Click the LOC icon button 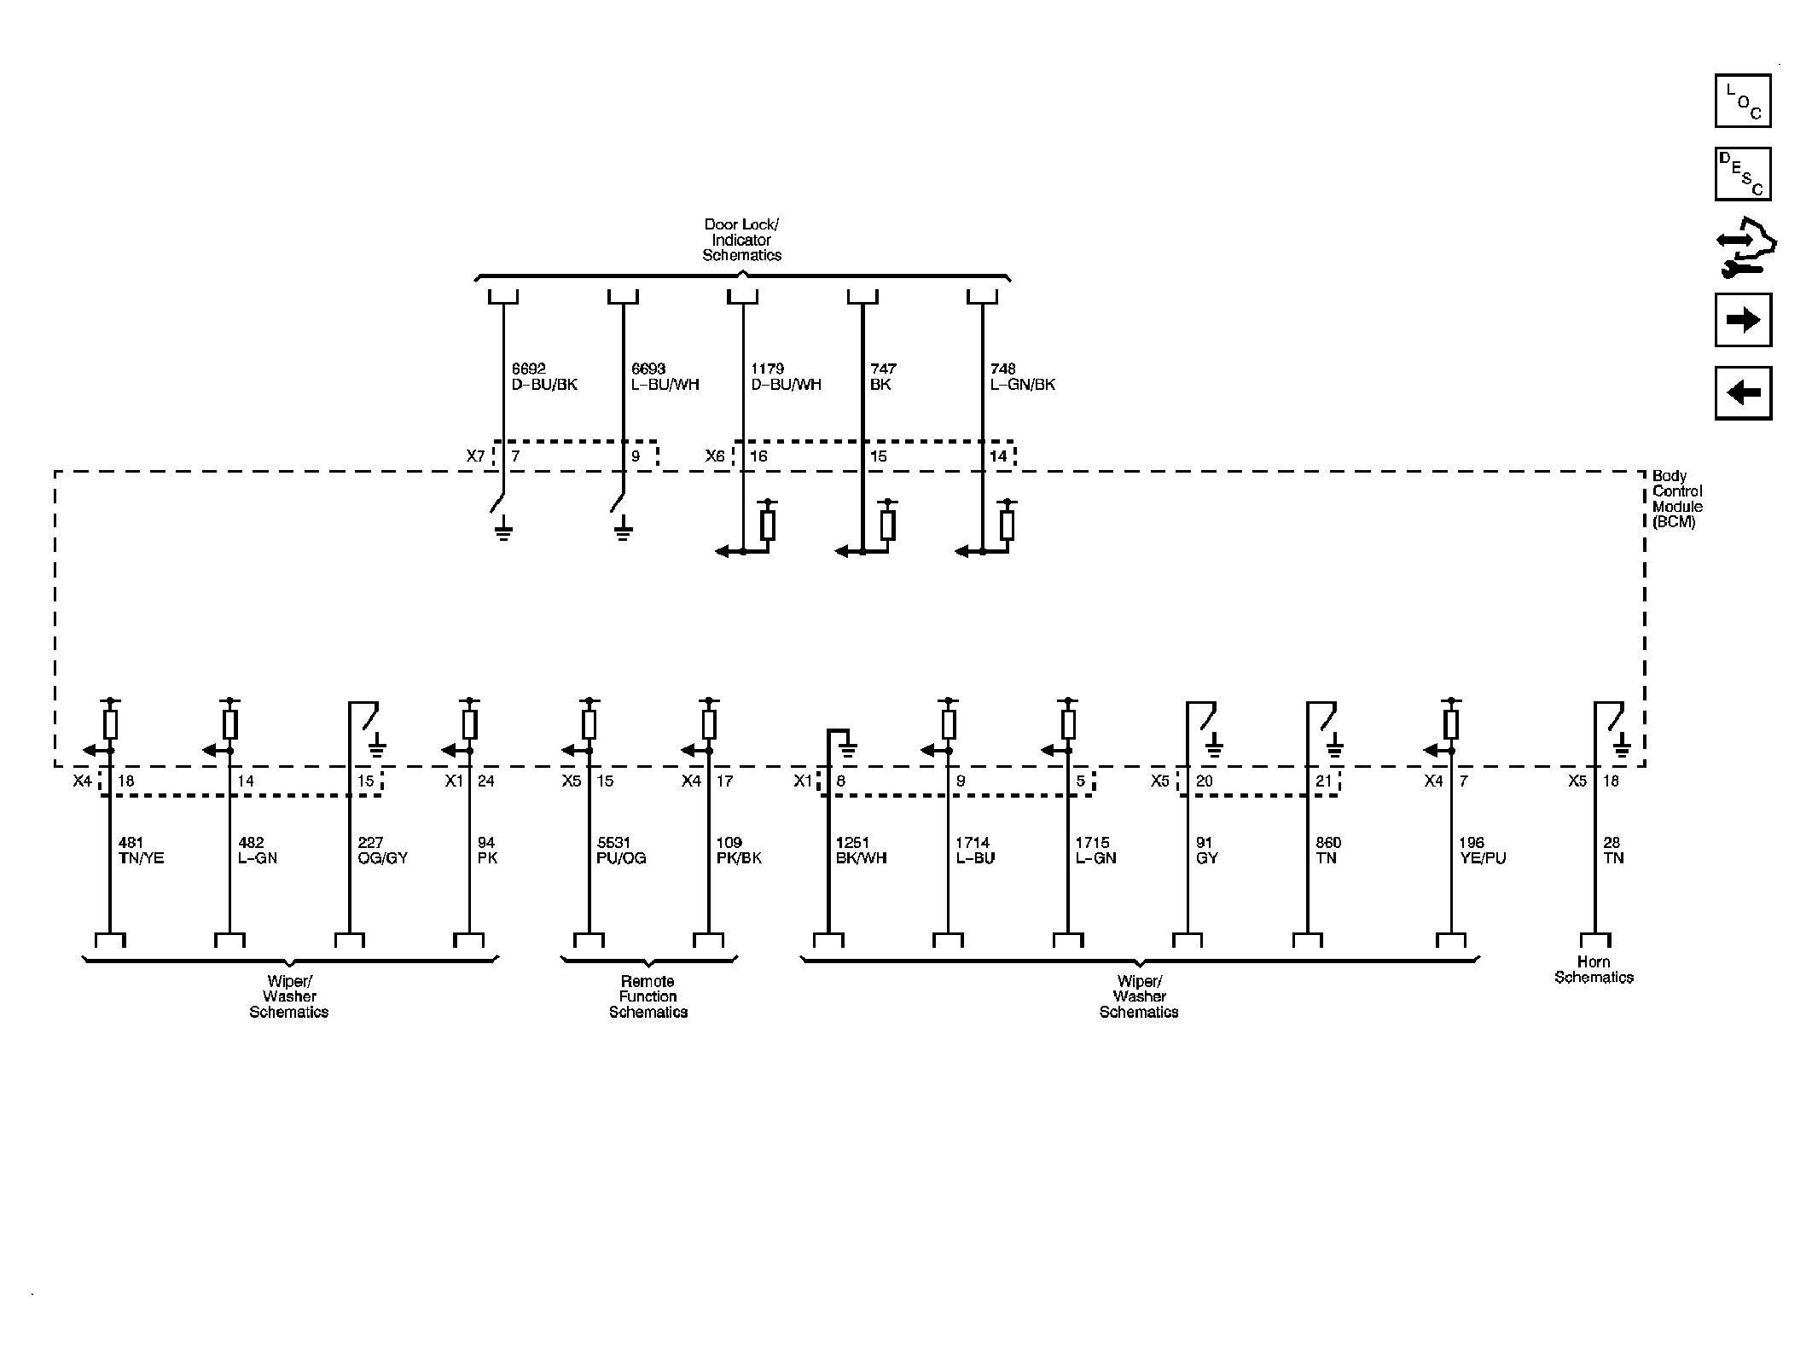1742,101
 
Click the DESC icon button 1742,174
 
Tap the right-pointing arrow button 1742,320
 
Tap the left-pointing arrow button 1742,393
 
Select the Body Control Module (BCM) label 1676,498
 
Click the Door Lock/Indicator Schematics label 741,240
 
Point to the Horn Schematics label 1593,970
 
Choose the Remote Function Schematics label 648,996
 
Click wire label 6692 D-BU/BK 544,376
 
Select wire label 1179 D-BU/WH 786,376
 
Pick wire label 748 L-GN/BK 1022,376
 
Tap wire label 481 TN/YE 142,851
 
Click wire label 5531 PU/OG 621,851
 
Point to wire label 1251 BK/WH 861,851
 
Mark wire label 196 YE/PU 1482,851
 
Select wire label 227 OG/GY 383,851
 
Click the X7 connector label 475,456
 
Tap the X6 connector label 715,456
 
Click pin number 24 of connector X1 485,781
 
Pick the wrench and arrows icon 1744,247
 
